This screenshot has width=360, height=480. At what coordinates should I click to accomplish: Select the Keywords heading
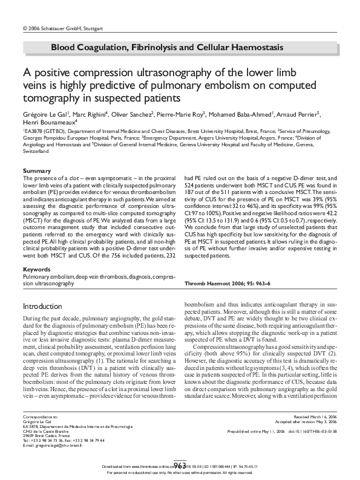[37, 268]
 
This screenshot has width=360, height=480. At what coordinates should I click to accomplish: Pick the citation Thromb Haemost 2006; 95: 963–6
[219, 282]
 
